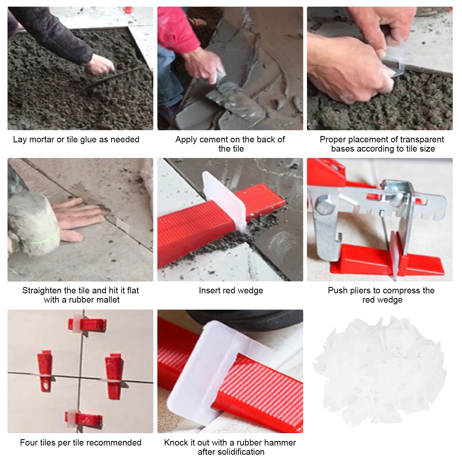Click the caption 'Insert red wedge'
tap(231, 290)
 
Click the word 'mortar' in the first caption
tap(42, 139)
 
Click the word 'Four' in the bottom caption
tap(28, 443)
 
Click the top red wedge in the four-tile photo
tap(87, 325)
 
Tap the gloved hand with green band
tap(32, 222)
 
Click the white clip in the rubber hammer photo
tap(215, 372)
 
